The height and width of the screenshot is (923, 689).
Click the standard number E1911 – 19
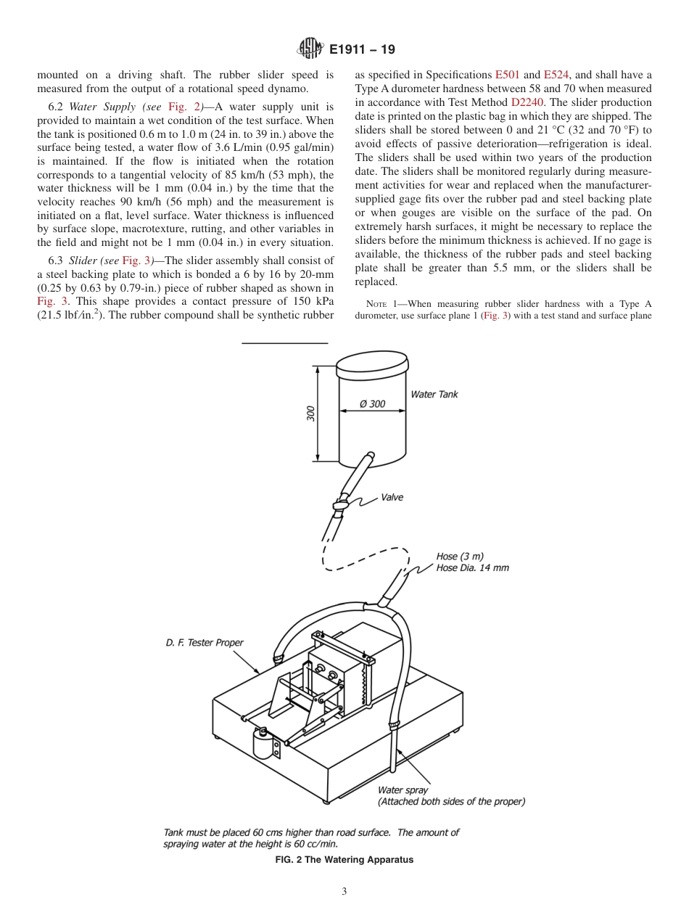coord(362,50)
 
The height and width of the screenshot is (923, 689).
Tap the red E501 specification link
coord(507,75)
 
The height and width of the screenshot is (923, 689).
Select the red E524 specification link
coord(556,75)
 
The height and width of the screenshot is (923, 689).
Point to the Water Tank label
coord(434,395)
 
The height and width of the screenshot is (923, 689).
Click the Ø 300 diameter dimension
coord(373,404)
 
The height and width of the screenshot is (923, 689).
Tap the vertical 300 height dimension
coord(310,414)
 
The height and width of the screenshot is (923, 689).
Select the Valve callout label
coord(392,498)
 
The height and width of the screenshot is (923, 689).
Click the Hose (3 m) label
coord(457,557)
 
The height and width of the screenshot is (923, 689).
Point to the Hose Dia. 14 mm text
coord(472,567)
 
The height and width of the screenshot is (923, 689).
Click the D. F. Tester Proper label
coord(205,642)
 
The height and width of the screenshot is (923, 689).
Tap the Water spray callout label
coord(403,790)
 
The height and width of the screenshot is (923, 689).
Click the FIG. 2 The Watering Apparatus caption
coord(344,860)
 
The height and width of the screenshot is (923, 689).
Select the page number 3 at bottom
coord(344,892)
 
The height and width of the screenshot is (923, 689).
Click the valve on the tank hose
coord(340,502)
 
